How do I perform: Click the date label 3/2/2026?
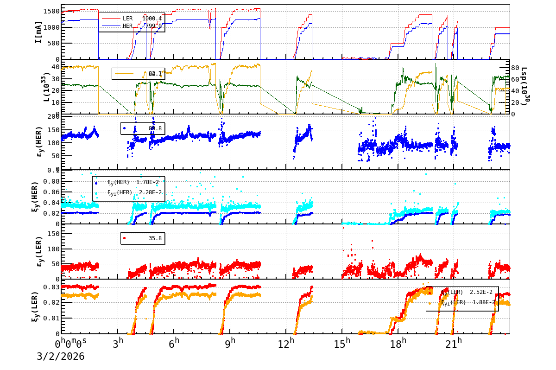[x=61, y=357]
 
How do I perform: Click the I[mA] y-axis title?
[x=39, y=32]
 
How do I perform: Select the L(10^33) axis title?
[x=46, y=88]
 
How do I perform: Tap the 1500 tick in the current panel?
[x=50, y=11]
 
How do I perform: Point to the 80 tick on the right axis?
[x=516, y=68]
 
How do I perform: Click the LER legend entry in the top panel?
[x=127, y=19]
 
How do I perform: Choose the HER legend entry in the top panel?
[x=127, y=26]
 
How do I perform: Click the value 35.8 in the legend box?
[x=155, y=238]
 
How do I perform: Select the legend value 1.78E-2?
[x=148, y=182]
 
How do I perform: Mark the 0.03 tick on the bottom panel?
[x=51, y=287]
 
